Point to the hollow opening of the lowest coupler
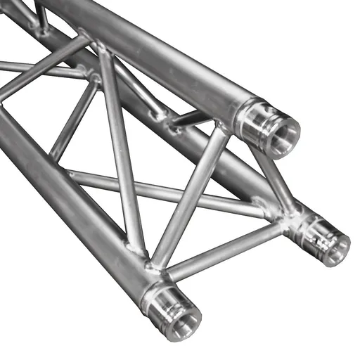pyautogui.click(x=184, y=319)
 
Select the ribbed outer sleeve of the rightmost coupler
pyautogui.click(x=313, y=231)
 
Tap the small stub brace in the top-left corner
pyautogui.click(x=41, y=18)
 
